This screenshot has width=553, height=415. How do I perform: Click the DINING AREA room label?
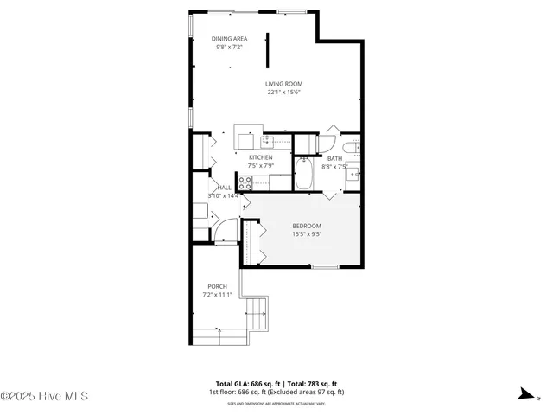coord(229,38)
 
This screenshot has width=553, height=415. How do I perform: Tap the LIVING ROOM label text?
coord(283,84)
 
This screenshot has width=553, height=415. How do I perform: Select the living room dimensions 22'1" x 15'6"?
coord(283,92)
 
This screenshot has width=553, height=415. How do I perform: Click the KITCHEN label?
coord(260,157)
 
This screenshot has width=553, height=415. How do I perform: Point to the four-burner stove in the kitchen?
coord(245,182)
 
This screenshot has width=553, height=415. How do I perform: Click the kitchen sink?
coord(268,139)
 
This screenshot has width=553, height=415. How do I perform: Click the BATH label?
coord(334,157)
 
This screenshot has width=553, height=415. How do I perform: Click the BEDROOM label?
coord(306,226)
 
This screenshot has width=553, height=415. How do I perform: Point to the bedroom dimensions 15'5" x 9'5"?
coord(306,233)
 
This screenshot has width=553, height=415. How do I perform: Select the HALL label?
coord(224,188)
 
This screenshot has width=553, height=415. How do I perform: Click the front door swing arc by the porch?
coord(226,230)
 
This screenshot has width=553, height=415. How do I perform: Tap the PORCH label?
coord(217,286)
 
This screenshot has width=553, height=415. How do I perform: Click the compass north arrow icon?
coord(524,393)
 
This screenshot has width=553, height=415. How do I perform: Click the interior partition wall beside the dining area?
coord(267,49)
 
